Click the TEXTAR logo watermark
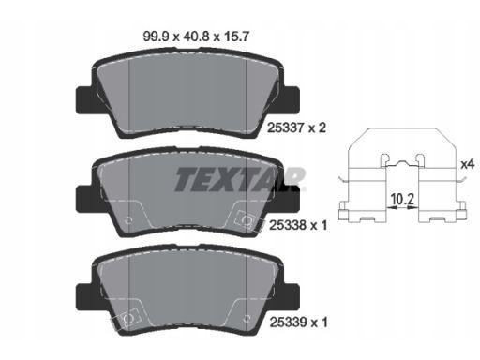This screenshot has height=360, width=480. tap(240, 177)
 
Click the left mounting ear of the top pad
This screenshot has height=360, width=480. tap(82, 96)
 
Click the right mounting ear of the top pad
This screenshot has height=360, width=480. tap(292, 96)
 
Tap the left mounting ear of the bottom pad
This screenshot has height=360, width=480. tap(82, 291)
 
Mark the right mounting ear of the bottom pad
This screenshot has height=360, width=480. tap(292, 291)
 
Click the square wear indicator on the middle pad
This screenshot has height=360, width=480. tap(247, 222)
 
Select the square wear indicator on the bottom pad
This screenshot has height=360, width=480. tap(119, 322)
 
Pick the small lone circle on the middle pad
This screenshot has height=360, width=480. tap(125, 219)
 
